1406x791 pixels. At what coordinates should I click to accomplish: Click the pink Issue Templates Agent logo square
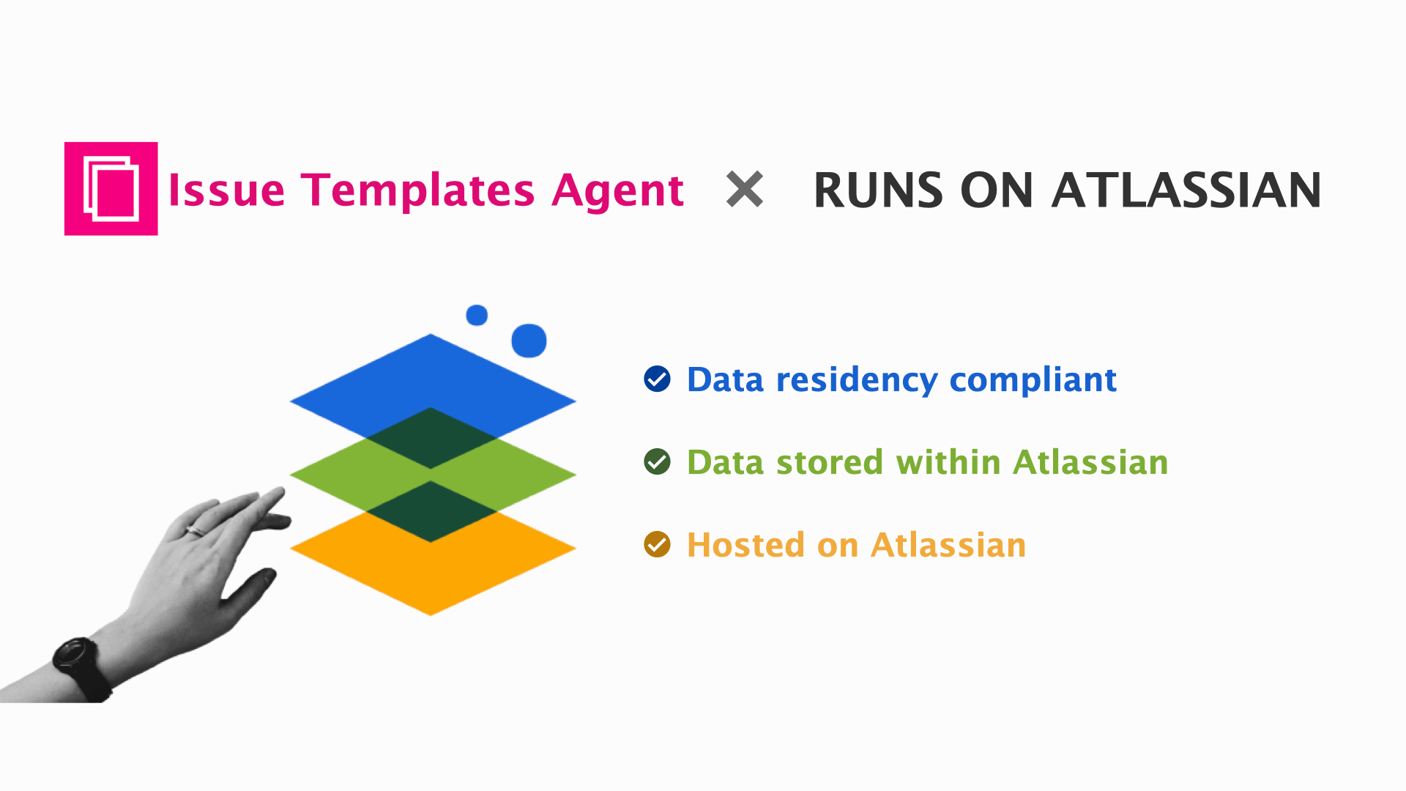tap(111, 188)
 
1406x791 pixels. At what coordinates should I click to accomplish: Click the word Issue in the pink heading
tap(226, 190)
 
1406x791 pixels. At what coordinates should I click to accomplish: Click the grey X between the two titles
tap(744, 189)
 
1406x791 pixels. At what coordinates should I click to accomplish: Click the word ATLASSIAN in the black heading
tap(1186, 190)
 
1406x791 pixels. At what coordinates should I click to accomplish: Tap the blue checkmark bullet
tap(657, 379)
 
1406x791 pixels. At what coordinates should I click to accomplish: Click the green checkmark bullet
tap(657, 461)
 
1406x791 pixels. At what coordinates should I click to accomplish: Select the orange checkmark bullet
tap(657, 544)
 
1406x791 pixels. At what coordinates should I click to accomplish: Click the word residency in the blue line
tap(857, 380)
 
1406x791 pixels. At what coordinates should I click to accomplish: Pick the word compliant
tap(1033, 380)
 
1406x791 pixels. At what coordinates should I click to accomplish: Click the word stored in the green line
tap(830, 463)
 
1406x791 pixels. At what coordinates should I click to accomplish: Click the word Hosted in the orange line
tap(745, 546)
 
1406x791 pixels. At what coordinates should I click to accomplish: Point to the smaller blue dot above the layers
tap(477, 315)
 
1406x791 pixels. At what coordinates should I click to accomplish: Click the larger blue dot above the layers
tap(529, 341)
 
